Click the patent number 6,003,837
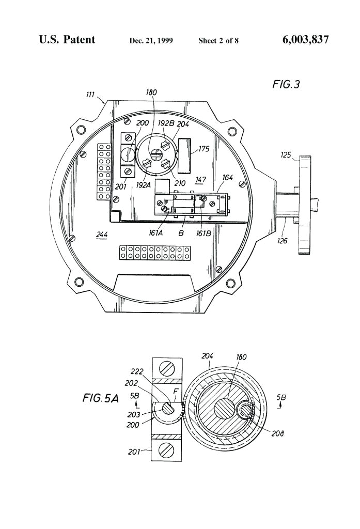point(305,40)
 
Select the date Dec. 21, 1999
point(151,41)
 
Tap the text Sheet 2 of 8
point(218,41)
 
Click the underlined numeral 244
point(102,235)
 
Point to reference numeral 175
point(204,149)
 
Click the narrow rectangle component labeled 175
point(184,155)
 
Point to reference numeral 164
point(228,178)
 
